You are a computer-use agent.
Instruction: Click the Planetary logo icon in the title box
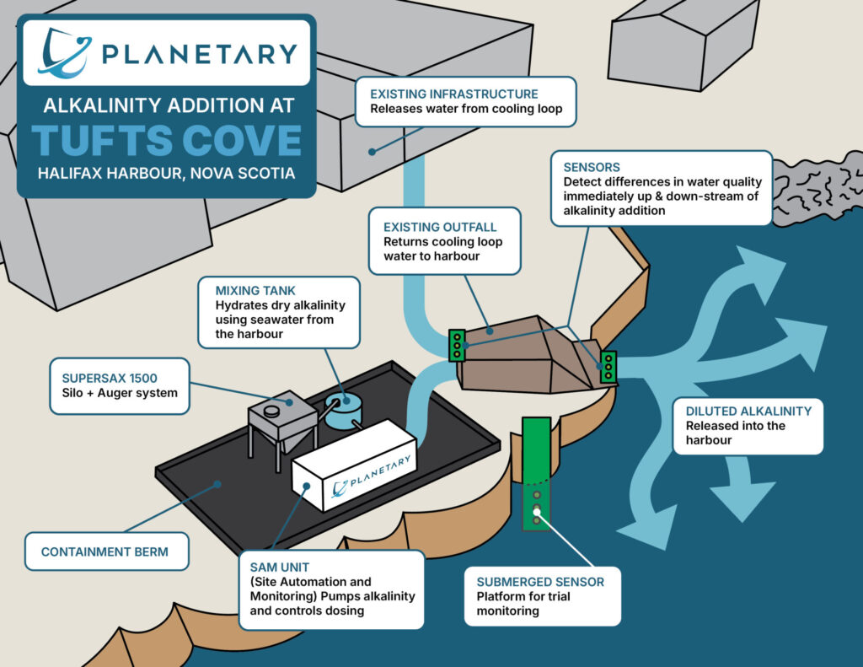pos(64,53)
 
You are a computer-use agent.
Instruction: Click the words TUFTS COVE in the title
pos(167,140)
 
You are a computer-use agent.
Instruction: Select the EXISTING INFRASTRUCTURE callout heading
pos(454,94)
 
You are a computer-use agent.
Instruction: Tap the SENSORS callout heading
pos(592,167)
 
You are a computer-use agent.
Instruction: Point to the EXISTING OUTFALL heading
pos(440,227)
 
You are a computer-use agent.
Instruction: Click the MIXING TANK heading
pos(255,290)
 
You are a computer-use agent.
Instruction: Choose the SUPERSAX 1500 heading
pos(110,379)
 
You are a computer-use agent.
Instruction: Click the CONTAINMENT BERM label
pos(105,551)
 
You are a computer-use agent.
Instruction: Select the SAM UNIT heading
pos(280,567)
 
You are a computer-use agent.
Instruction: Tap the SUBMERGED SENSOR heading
pos(540,582)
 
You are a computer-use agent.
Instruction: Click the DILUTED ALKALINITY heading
pos(748,411)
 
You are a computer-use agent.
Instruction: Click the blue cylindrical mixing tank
pos(344,411)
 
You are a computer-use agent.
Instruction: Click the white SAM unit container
pos(354,465)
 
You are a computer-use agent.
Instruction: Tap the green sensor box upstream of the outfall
pos(457,346)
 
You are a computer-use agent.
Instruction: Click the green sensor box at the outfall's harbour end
pos(608,367)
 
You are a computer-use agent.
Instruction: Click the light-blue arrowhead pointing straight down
pos(742,500)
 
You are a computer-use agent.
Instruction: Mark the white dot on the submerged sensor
pos(537,512)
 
